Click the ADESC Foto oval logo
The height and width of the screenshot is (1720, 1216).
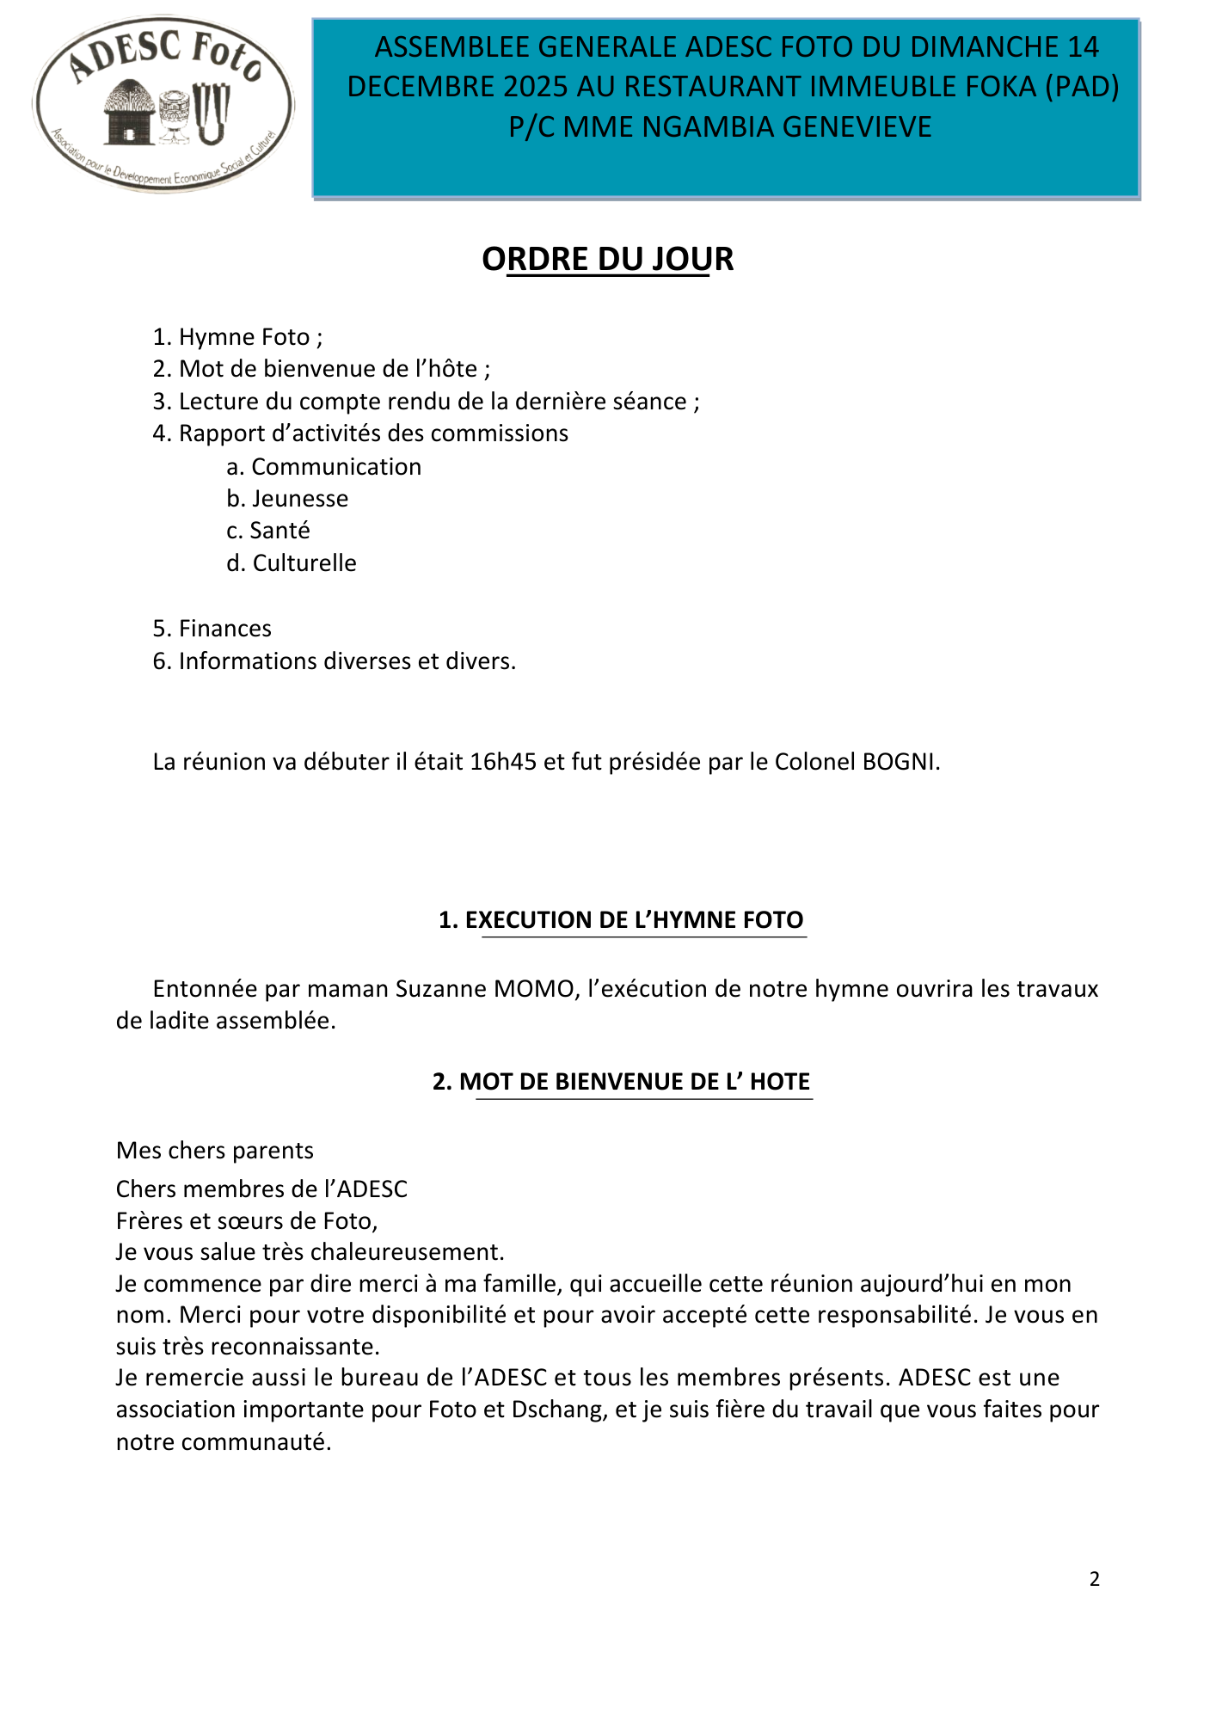tap(163, 103)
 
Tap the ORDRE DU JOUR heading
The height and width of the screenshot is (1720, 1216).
tap(607, 259)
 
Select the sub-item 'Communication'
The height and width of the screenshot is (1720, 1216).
tap(335, 467)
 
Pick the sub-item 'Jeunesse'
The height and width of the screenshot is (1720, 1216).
tap(299, 499)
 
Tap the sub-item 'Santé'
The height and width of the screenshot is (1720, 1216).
tap(279, 531)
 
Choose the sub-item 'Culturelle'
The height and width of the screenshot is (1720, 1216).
tap(304, 563)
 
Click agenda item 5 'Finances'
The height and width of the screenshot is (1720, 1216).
tap(224, 629)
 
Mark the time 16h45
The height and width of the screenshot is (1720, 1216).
tap(503, 762)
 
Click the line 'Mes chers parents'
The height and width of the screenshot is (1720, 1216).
tap(215, 1151)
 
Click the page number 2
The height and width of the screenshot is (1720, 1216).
tap(1094, 1579)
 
